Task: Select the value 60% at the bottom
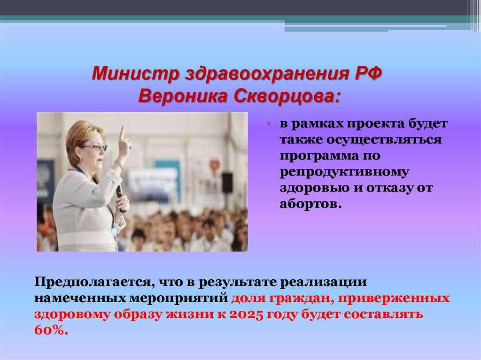click(x=51, y=330)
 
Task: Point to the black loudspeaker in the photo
click(x=227, y=182)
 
